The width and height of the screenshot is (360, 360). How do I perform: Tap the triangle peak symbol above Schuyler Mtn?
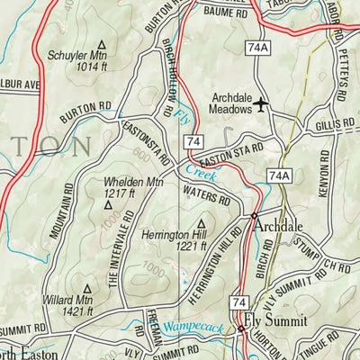tap(101, 43)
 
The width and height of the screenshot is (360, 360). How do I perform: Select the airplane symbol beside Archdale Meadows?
tap(261, 105)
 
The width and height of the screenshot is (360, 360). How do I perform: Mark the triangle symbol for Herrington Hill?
tap(201, 221)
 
